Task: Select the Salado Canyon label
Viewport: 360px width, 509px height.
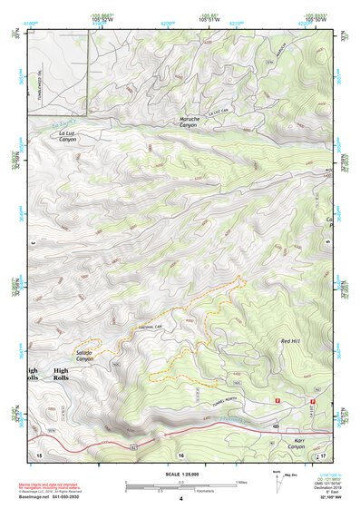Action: tap(84, 356)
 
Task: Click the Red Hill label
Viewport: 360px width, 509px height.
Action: tap(290, 341)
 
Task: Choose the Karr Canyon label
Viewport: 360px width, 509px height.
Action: tap(297, 444)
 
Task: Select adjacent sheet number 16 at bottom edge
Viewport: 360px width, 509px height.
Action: tap(180, 454)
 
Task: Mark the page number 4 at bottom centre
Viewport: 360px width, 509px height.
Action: tap(180, 499)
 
